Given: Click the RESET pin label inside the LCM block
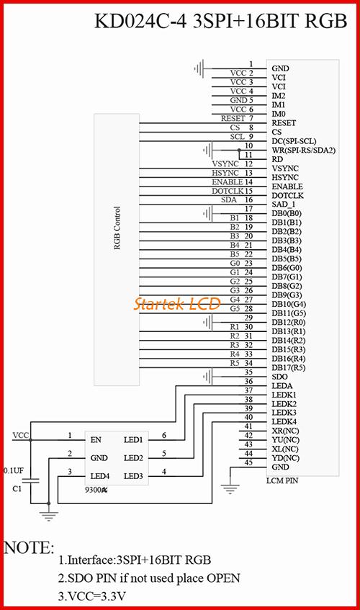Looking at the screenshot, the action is point(284,123).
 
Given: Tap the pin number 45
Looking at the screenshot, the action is point(248,462).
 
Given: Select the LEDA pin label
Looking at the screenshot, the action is point(282,386).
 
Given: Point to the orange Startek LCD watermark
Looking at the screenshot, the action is point(177,303).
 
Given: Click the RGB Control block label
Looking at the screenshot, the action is point(117,228).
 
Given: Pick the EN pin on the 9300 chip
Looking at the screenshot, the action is point(96,440).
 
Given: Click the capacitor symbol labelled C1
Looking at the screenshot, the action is point(31,481).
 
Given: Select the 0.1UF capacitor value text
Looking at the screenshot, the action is point(14,471).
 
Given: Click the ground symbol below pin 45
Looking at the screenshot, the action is point(230,488).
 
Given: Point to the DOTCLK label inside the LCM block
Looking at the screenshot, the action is point(288,196).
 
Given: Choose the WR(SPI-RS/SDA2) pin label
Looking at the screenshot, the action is point(303,151).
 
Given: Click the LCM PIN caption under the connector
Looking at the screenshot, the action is point(282,480).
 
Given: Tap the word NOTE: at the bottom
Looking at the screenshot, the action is point(29,548).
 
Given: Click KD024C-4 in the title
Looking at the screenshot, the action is point(140,21).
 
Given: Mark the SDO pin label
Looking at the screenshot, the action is point(279,377).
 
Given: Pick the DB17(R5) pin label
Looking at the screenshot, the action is point(289,367).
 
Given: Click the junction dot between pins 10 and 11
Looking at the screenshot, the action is point(239,151).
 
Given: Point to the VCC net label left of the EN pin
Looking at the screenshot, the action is point(21,435).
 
